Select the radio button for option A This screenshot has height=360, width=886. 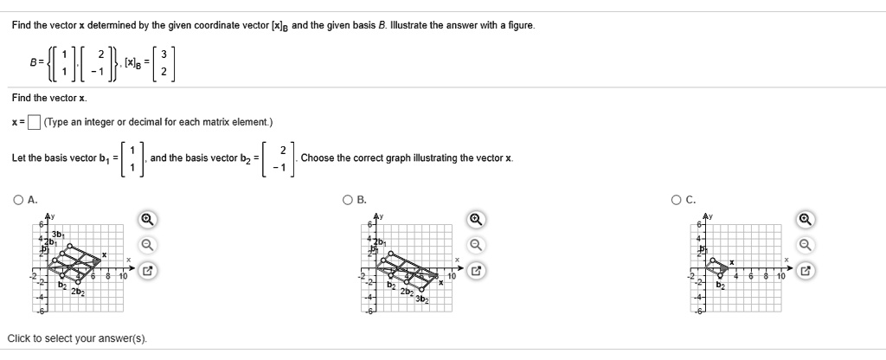click(18, 200)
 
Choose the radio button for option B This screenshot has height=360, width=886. click(348, 200)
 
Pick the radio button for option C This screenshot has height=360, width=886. click(676, 200)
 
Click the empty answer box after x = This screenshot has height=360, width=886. click(34, 121)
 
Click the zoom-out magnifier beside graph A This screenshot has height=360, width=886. click(148, 245)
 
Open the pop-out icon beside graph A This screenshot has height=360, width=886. click(148, 271)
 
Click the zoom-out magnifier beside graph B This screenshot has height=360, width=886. click(477, 245)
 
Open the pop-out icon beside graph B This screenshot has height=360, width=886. click(477, 271)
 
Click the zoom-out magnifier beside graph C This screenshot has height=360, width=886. click(806, 245)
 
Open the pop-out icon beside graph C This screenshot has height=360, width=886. click(806, 271)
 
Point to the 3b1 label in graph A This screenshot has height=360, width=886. click(57, 234)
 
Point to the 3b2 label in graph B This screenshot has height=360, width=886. click(421, 299)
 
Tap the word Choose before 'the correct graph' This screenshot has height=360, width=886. click(317, 158)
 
